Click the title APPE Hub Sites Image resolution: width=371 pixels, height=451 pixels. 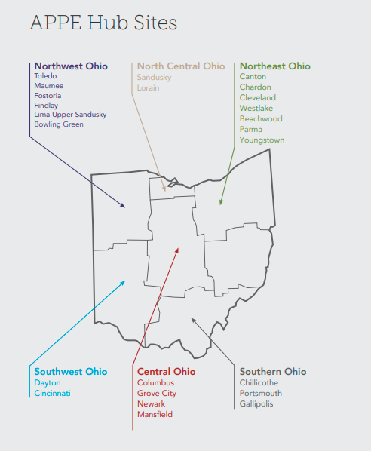pyautogui.click(x=103, y=23)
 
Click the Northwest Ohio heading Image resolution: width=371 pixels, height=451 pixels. pyautogui.click(x=71, y=66)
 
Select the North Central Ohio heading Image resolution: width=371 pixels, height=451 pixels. pyautogui.click(x=181, y=66)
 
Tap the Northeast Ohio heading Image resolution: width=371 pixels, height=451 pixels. pyautogui.click(x=274, y=66)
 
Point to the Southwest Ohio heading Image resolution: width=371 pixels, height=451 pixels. pyautogui.click(x=71, y=372)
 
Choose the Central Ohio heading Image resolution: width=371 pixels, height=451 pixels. pyautogui.click(x=166, y=372)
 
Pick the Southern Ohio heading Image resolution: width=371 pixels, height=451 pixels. pyautogui.click(x=273, y=372)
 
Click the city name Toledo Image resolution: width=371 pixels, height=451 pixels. pyautogui.click(x=46, y=76)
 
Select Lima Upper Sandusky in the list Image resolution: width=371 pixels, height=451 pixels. pyautogui.click(x=70, y=115)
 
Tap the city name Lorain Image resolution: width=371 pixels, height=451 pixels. pyautogui.click(x=149, y=87)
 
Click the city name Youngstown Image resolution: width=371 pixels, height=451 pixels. pyautogui.click(x=262, y=140)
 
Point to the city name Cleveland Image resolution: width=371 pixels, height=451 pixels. pyautogui.click(x=258, y=98)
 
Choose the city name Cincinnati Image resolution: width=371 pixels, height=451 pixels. pyautogui.click(x=52, y=393)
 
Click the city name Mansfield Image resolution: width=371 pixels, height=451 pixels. pyautogui.click(x=155, y=415)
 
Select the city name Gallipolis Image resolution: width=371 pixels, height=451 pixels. pyautogui.click(x=256, y=403)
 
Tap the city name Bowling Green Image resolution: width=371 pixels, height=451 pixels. pyautogui.click(x=59, y=124)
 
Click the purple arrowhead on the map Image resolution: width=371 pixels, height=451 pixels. pyautogui.click(x=123, y=205)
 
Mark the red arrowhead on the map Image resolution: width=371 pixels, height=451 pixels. pyautogui.click(x=177, y=248)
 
